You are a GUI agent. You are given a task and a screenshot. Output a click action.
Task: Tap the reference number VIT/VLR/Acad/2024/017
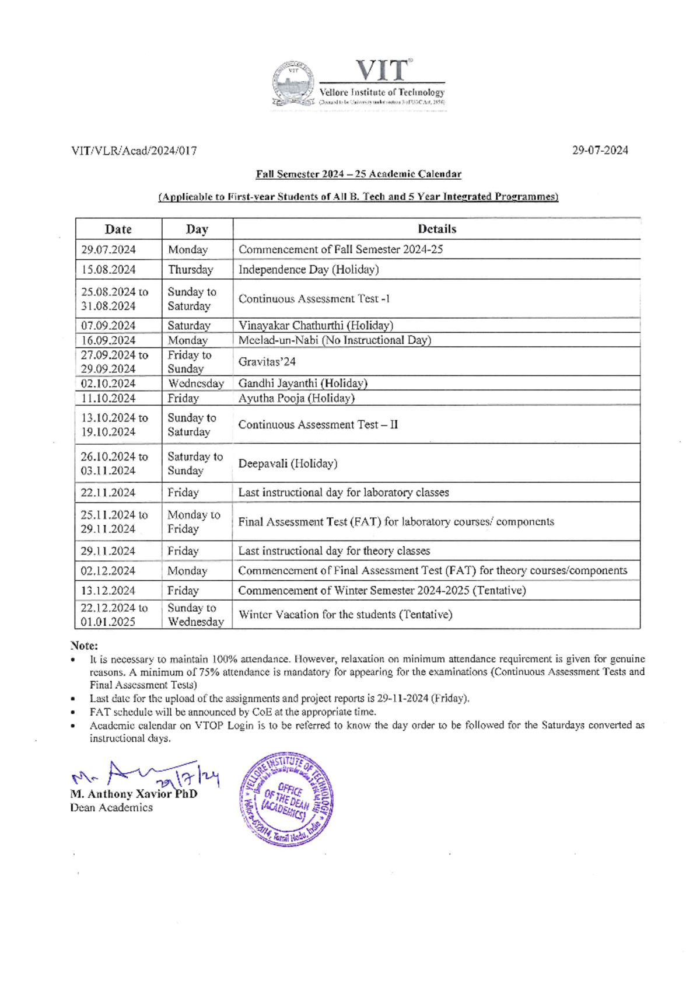click(134, 151)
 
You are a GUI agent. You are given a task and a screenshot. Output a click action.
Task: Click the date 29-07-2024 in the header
click(600, 150)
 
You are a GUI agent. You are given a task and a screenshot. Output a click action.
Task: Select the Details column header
click(436, 229)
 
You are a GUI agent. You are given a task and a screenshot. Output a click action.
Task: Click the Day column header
click(197, 229)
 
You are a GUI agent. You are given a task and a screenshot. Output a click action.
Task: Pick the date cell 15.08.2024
click(108, 270)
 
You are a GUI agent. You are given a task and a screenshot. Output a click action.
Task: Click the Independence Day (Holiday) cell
click(309, 270)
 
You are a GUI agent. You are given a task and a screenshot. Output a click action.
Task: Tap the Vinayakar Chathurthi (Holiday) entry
click(316, 325)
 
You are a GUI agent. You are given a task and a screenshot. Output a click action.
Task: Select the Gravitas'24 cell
click(267, 362)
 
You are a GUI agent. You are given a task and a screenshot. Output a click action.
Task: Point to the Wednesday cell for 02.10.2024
click(196, 384)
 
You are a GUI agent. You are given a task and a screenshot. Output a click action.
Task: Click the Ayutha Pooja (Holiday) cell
click(296, 398)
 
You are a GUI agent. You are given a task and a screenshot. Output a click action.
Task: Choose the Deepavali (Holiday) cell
click(288, 463)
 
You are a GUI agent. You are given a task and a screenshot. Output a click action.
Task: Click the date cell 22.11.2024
click(108, 493)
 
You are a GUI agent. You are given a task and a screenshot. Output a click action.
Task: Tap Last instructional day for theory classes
click(334, 551)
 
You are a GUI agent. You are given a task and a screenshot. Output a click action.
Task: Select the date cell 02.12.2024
click(108, 571)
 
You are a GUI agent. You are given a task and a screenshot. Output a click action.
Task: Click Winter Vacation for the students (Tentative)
click(345, 614)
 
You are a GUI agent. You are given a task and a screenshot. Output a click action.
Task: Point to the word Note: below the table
click(84, 646)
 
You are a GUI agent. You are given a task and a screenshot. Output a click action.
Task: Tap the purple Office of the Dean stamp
click(286, 799)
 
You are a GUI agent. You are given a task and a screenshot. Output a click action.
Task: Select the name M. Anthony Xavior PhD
click(134, 794)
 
